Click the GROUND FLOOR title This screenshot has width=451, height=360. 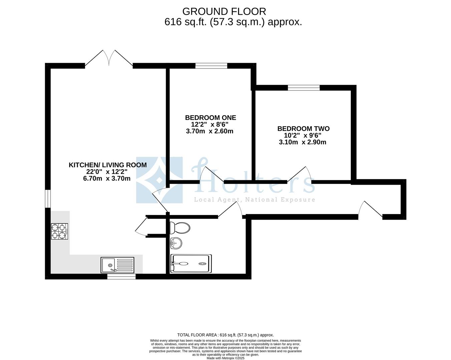[224, 12]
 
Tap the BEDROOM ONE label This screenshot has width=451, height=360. [210, 118]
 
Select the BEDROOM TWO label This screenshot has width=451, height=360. [303, 129]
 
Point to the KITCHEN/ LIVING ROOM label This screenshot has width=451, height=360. [108, 165]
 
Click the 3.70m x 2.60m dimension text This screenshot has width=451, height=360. [210, 131]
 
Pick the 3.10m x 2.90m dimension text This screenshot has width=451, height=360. [302, 142]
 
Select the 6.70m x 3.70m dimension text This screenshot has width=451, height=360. [107, 179]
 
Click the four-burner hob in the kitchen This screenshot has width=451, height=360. [59, 231]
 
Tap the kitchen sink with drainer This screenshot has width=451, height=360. [118, 265]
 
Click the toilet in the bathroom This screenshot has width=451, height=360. [180, 228]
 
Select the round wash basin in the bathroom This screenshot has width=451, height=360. [176, 243]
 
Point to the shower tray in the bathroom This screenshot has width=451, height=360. [191, 264]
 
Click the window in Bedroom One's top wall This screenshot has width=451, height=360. [211, 66]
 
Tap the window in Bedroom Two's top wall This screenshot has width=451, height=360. [304, 88]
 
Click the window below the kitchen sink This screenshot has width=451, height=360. [122, 276]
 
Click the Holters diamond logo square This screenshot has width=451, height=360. [159, 180]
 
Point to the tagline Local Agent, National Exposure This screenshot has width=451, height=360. [254, 200]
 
